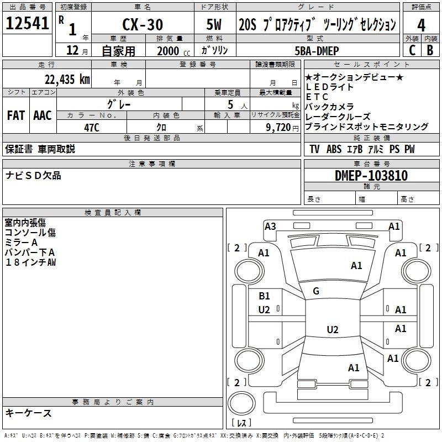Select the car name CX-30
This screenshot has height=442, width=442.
(x=141, y=25)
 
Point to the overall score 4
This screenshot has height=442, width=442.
(x=421, y=25)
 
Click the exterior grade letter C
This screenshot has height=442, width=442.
(x=412, y=50)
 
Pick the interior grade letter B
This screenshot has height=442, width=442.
(x=430, y=50)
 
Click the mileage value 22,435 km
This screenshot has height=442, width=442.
(x=67, y=79)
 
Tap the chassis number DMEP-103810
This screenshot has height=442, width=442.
(x=371, y=176)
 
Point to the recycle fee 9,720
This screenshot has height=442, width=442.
(x=278, y=127)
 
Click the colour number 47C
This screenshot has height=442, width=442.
(x=92, y=127)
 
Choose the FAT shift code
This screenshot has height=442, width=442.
(x=15, y=115)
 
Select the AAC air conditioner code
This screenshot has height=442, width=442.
(x=42, y=115)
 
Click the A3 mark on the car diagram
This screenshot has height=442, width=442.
(x=270, y=226)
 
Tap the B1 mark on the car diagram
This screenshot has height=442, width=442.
(x=264, y=296)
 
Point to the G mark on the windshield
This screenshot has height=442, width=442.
(x=316, y=291)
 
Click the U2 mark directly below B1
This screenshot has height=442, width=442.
(x=264, y=310)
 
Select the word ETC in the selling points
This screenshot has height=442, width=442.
(x=317, y=97)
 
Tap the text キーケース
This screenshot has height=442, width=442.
(x=28, y=413)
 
